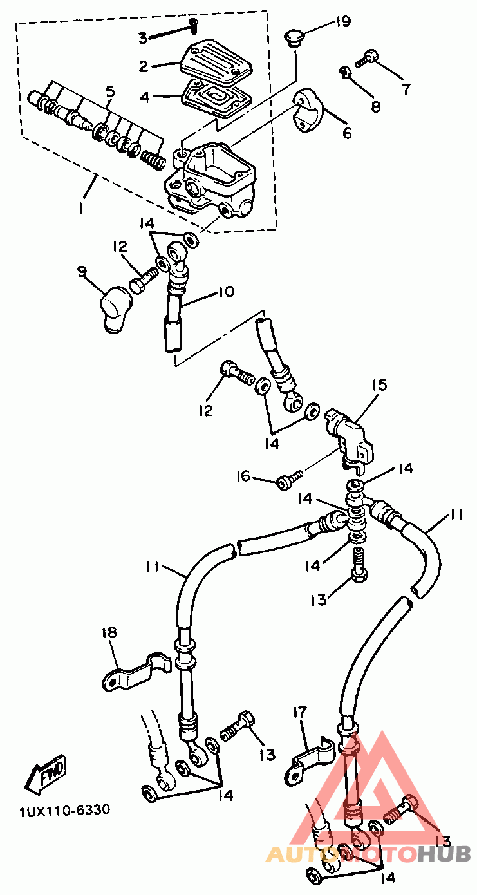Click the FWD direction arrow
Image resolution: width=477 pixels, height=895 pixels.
coord(45,770)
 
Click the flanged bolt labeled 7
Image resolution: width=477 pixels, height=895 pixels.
coord(366,59)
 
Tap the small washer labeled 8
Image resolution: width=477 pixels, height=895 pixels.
coord(345,72)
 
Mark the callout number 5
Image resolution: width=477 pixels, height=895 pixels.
coord(110,91)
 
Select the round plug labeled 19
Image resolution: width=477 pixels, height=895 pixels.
coord(294,37)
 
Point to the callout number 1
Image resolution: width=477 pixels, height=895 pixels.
coord(82,207)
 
